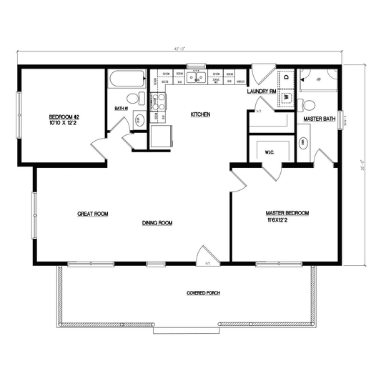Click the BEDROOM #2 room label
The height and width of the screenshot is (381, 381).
(x=63, y=117)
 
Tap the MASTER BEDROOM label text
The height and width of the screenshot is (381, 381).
(x=287, y=213)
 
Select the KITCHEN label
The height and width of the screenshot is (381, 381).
(x=199, y=114)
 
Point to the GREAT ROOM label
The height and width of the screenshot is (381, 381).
(x=92, y=214)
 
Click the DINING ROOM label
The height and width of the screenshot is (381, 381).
(x=157, y=223)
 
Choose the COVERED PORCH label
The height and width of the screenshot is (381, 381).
(x=202, y=293)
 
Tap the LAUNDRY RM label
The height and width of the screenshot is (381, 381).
(x=261, y=91)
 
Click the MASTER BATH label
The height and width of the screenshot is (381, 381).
(x=320, y=119)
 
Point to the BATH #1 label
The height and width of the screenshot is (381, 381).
(x=120, y=109)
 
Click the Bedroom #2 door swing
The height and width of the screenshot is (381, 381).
(x=100, y=149)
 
